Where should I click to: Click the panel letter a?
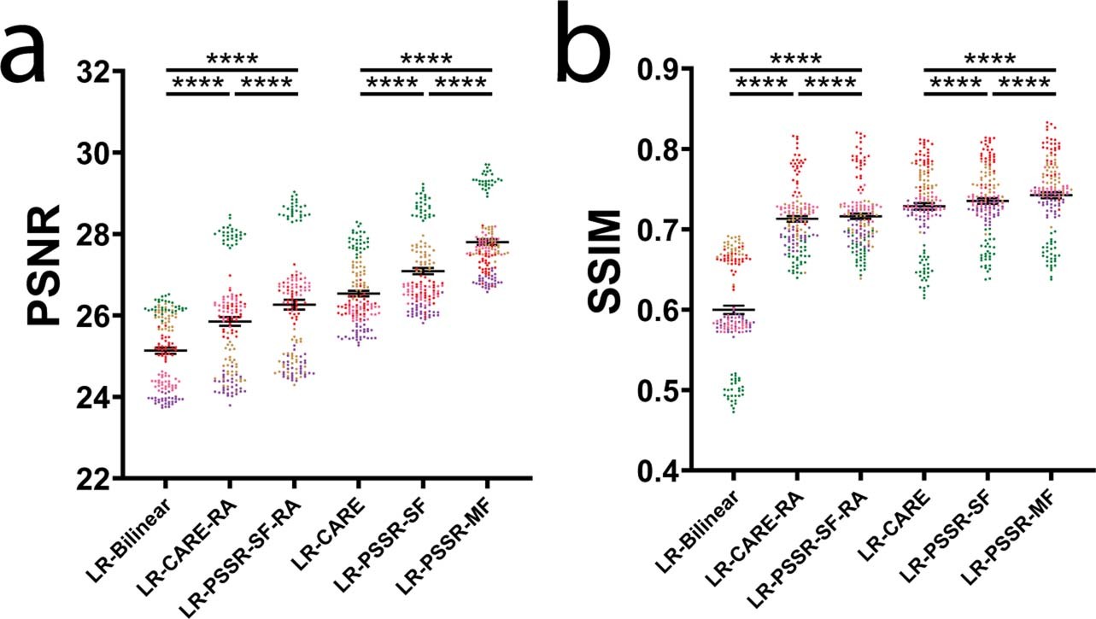click(36, 52)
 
